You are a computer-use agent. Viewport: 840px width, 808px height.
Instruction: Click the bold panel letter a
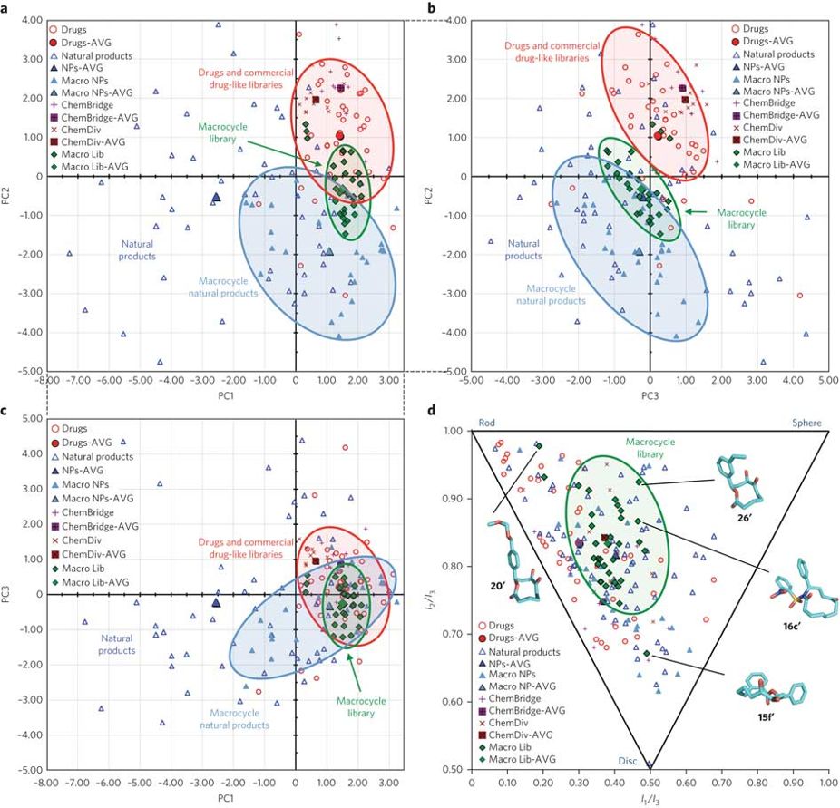coord(6,9)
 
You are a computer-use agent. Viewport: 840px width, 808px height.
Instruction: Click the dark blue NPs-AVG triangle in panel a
coord(216,196)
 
